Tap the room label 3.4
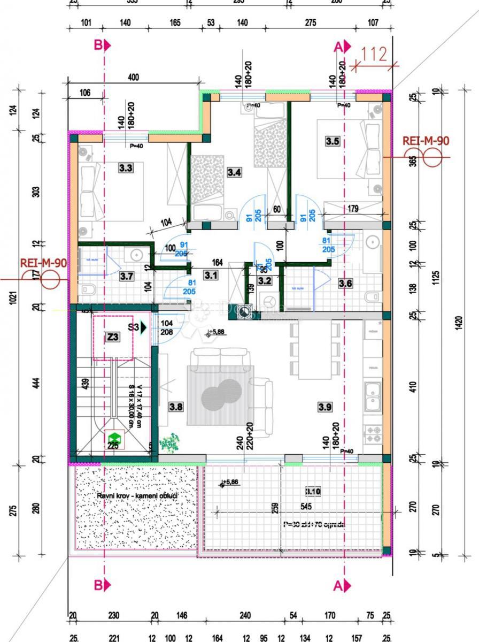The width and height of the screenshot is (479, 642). pos(234,172)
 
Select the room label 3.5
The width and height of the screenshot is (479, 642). pos(333,141)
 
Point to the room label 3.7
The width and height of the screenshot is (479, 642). pos(126,276)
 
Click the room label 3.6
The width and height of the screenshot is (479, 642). pos(345,284)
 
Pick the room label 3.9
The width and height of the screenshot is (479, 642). pos(325,407)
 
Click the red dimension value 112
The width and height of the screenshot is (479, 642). pos(374,55)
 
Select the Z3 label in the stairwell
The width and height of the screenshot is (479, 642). pos(112,337)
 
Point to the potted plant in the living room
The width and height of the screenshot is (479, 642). pos(170,442)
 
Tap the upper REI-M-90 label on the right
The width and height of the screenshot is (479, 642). pos(426,141)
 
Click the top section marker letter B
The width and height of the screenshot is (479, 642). pos(98,46)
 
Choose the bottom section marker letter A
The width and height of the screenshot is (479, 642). pos(338,586)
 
